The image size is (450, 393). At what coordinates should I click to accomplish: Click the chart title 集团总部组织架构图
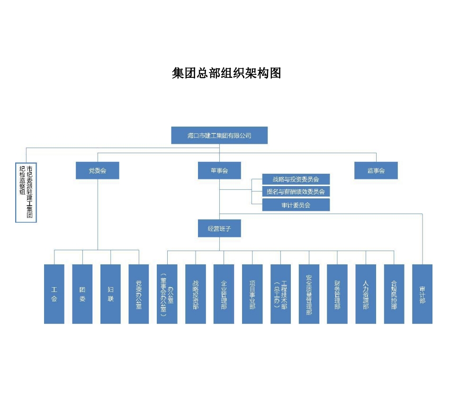(x=226, y=74)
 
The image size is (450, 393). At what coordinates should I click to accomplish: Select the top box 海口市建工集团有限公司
(x=219, y=135)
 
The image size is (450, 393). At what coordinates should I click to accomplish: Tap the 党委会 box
(x=98, y=170)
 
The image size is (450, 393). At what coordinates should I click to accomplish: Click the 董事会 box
(x=219, y=170)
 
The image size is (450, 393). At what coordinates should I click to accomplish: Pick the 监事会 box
(x=376, y=170)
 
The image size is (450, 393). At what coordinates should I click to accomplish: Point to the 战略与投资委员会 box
(x=296, y=179)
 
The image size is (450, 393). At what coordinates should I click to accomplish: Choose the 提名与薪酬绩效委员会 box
(x=296, y=192)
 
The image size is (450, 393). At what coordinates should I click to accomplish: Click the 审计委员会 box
(x=296, y=205)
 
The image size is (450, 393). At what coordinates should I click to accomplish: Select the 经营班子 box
(x=219, y=229)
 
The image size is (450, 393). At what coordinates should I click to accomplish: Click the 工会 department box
(x=54, y=294)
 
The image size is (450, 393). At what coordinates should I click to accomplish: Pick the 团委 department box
(x=82, y=294)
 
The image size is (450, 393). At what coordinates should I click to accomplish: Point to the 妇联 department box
(x=110, y=294)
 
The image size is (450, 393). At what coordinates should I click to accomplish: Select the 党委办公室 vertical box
(x=139, y=294)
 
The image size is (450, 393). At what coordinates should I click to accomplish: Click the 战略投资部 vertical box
(x=196, y=294)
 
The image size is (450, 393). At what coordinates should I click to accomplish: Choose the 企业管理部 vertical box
(x=224, y=294)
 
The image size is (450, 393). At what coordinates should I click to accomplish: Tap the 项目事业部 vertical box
(x=252, y=294)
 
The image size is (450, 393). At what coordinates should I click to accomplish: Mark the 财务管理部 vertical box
(x=337, y=294)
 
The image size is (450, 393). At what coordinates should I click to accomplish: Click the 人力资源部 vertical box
(x=366, y=294)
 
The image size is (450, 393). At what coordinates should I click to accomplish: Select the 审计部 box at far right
(x=422, y=294)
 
